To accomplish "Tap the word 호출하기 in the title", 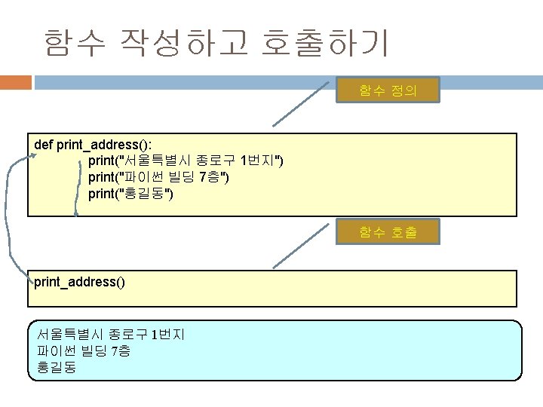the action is (x=325, y=43).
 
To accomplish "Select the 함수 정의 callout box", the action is (x=388, y=92).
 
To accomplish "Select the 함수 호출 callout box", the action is (x=388, y=233).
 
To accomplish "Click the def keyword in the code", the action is (x=44, y=143).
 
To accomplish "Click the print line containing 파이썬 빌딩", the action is (x=159, y=177).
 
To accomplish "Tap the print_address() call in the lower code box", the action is (x=79, y=283).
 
